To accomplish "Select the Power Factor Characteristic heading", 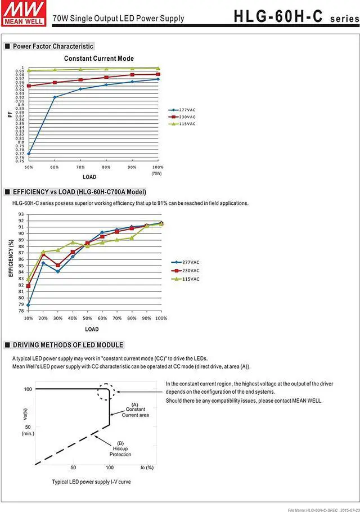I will [x=53, y=46].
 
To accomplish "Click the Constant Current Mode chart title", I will [x=99, y=59].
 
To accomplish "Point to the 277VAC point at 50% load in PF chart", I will [x=29, y=154].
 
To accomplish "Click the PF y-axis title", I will [x=10, y=114].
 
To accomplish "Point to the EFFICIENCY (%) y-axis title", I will [x=11, y=258].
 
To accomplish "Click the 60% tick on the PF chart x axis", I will [x=55, y=167].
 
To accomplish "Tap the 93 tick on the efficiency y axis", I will [x=21, y=214].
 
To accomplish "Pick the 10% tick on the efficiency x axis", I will [x=29, y=318].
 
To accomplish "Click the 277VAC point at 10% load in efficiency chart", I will [x=29, y=305].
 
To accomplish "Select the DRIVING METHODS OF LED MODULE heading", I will [x=68, y=345].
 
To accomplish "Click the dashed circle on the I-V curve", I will [x=107, y=392].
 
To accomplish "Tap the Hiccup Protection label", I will [x=120, y=448].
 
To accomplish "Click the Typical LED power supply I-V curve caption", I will [x=91, y=482].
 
